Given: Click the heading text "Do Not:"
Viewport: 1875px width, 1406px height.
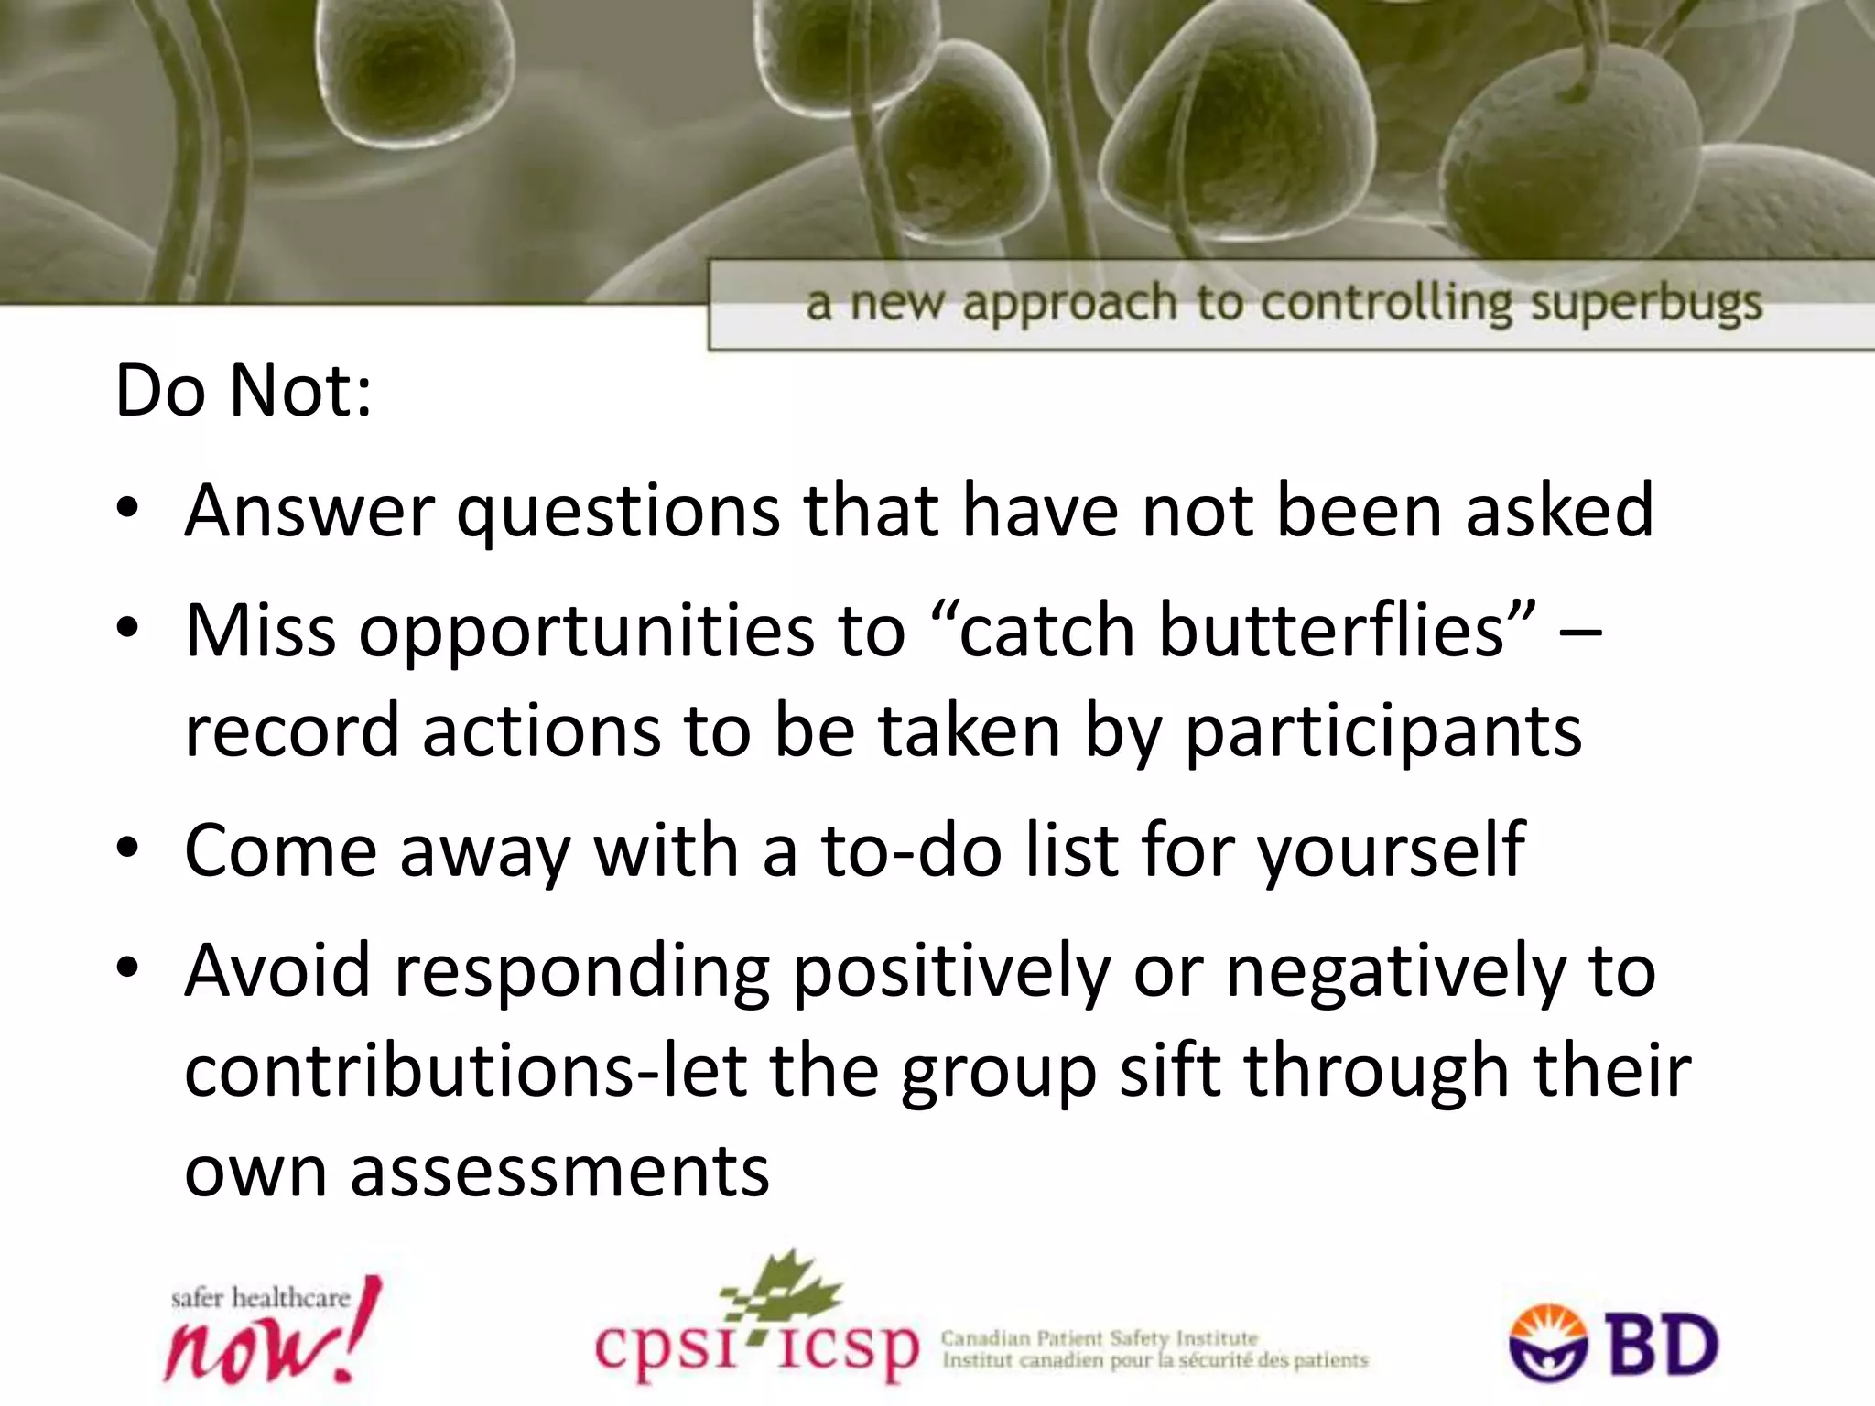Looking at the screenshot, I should tap(244, 392).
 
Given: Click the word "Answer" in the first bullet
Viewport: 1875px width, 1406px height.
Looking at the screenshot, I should tap(309, 511).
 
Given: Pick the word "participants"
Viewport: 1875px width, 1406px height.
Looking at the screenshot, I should tap(1383, 732).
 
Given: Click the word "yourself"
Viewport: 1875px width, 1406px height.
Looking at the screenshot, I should tap(1391, 851).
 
